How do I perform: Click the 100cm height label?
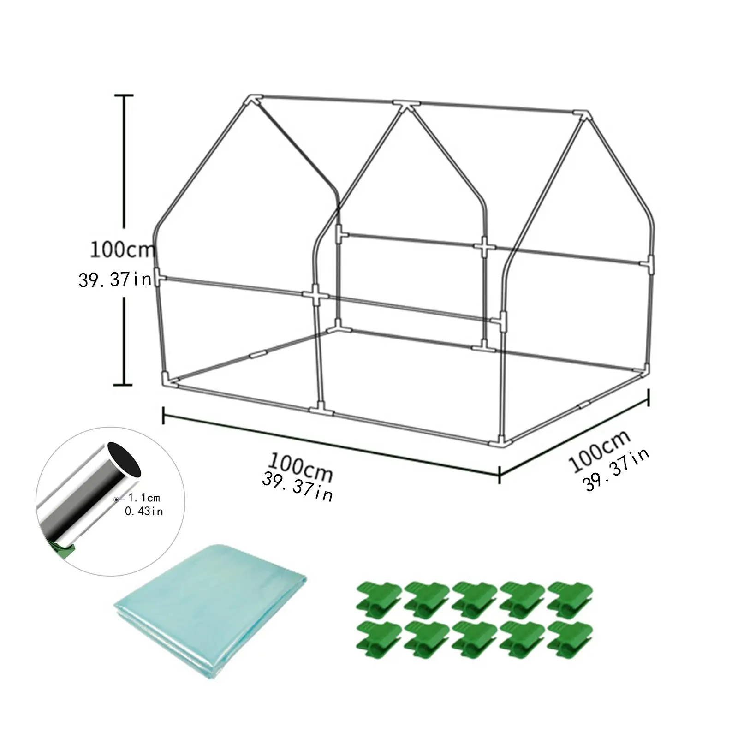[122, 250]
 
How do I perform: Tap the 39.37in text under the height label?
[115, 279]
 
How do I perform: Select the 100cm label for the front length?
[300, 467]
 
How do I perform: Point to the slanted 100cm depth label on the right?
[598, 450]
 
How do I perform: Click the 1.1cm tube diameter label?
[144, 498]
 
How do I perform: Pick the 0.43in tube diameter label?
[144, 511]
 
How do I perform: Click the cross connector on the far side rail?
[484, 247]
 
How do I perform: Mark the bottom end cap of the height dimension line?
[123, 384]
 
